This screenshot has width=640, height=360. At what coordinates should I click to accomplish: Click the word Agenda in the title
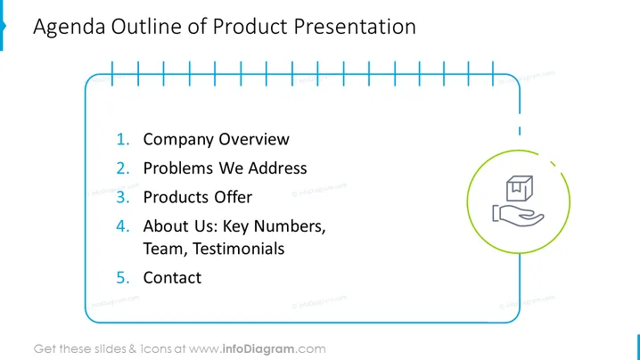(x=69, y=28)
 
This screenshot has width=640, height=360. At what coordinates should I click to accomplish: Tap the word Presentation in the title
(x=355, y=27)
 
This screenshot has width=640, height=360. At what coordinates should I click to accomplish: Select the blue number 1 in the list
(x=123, y=140)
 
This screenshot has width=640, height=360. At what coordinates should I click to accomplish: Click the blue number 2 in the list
(x=123, y=168)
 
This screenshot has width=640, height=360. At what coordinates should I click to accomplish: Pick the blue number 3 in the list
(x=123, y=198)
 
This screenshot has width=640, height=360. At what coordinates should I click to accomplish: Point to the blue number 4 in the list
(x=123, y=226)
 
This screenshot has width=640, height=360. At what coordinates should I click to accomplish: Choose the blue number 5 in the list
(x=123, y=278)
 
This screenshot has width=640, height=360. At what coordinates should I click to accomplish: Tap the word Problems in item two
(x=178, y=168)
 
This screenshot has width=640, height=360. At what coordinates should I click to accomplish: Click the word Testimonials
(x=238, y=249)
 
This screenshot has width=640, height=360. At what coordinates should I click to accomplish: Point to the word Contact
(x=172, y=278)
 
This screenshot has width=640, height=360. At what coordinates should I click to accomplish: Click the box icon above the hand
(x=520, y=188)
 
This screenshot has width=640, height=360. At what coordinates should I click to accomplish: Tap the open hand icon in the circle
(x=519, y=215)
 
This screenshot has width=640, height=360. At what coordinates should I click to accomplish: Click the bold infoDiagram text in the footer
(x=258, y=349)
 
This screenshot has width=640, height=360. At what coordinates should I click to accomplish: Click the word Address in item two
(x=277, y=168)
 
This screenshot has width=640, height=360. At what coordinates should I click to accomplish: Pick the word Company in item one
(x=178, y=140)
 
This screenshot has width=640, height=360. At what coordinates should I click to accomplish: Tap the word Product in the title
(x=250, y=27)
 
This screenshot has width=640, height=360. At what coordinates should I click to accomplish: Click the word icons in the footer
(x=155, y=349)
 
